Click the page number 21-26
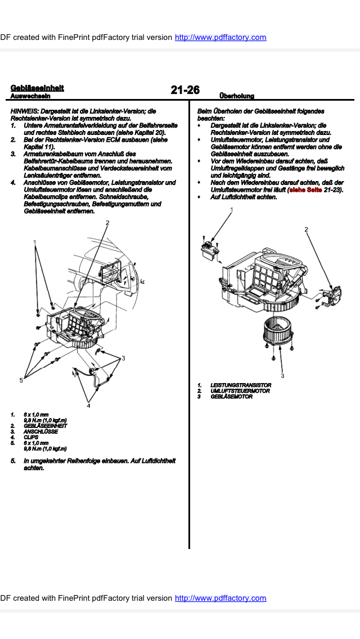point(185,90)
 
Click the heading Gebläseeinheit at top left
point(37,88)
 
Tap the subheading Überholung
point(237,96)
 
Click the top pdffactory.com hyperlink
point(220,37)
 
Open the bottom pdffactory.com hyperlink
point(220,598)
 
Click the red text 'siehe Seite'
point(305,190)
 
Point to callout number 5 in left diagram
point(21,380)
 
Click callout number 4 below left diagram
point(88,405)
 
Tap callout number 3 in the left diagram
point(123,358)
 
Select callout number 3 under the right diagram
point(282,376)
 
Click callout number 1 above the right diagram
point(231,210)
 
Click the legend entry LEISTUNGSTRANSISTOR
point(240,385)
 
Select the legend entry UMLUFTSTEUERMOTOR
point(240,391)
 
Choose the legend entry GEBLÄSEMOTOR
point(231,397)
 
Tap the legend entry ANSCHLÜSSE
point(40,431)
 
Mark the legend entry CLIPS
point(31,437)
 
